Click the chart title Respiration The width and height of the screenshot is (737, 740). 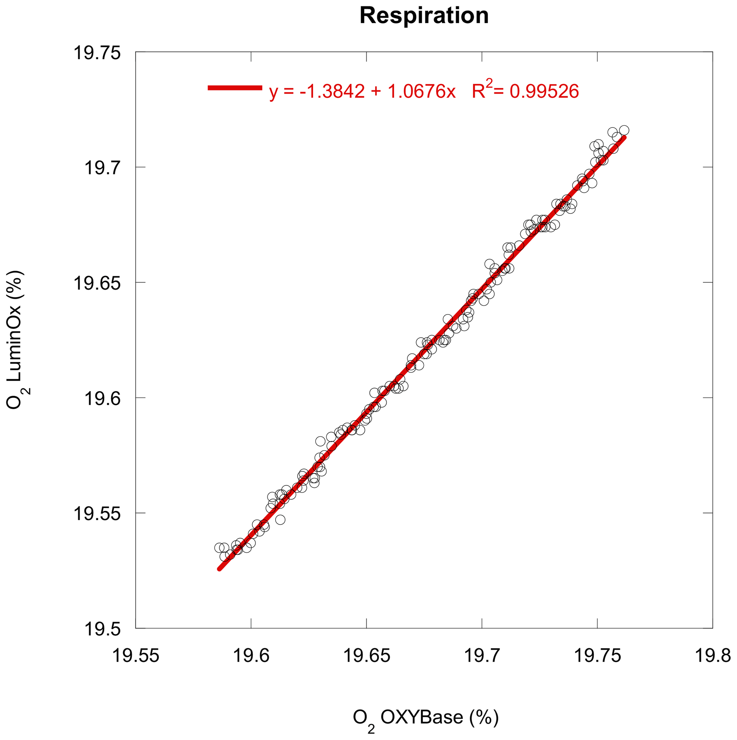pyautogui.click(x=424, y=16)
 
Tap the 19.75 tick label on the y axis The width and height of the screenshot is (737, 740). pyautogui.click(x=97, y=53)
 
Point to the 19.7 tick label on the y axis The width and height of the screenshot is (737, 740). pyautogui.click(x=102, y=167)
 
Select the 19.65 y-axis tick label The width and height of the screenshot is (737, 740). pyautogui.click(x=97, y=283)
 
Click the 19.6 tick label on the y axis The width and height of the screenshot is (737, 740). pyautogui.click(x=102, y=398)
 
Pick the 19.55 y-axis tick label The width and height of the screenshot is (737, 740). pyautogui.click(x=97, y=513)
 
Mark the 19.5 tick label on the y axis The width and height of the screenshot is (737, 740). pyautogui.click(x=102, y=629)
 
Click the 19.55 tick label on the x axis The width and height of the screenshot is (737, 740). pyautogui.click(x=135, y=656)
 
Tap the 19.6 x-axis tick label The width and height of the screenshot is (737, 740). pyautogui.click(x=251, y=656)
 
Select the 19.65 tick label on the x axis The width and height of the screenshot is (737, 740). pyautogui.click(x=367, y=656)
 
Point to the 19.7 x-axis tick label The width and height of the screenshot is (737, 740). pyautogui.click(x=482, y=656)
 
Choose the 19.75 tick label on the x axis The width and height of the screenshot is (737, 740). pyautogui.click(x=598, y=656)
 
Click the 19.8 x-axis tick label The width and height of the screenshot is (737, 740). pyautogui.click(x=713, y=656)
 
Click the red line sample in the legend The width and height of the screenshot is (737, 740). pyautogui.click(x=235, y=88)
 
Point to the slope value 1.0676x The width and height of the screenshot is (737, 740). pyautogui.click(x=421, y=92)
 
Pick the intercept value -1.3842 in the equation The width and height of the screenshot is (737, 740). pyautogui.click(x=332, y=92)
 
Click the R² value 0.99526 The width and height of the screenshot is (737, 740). pyautogui.click(x=544, y=92)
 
